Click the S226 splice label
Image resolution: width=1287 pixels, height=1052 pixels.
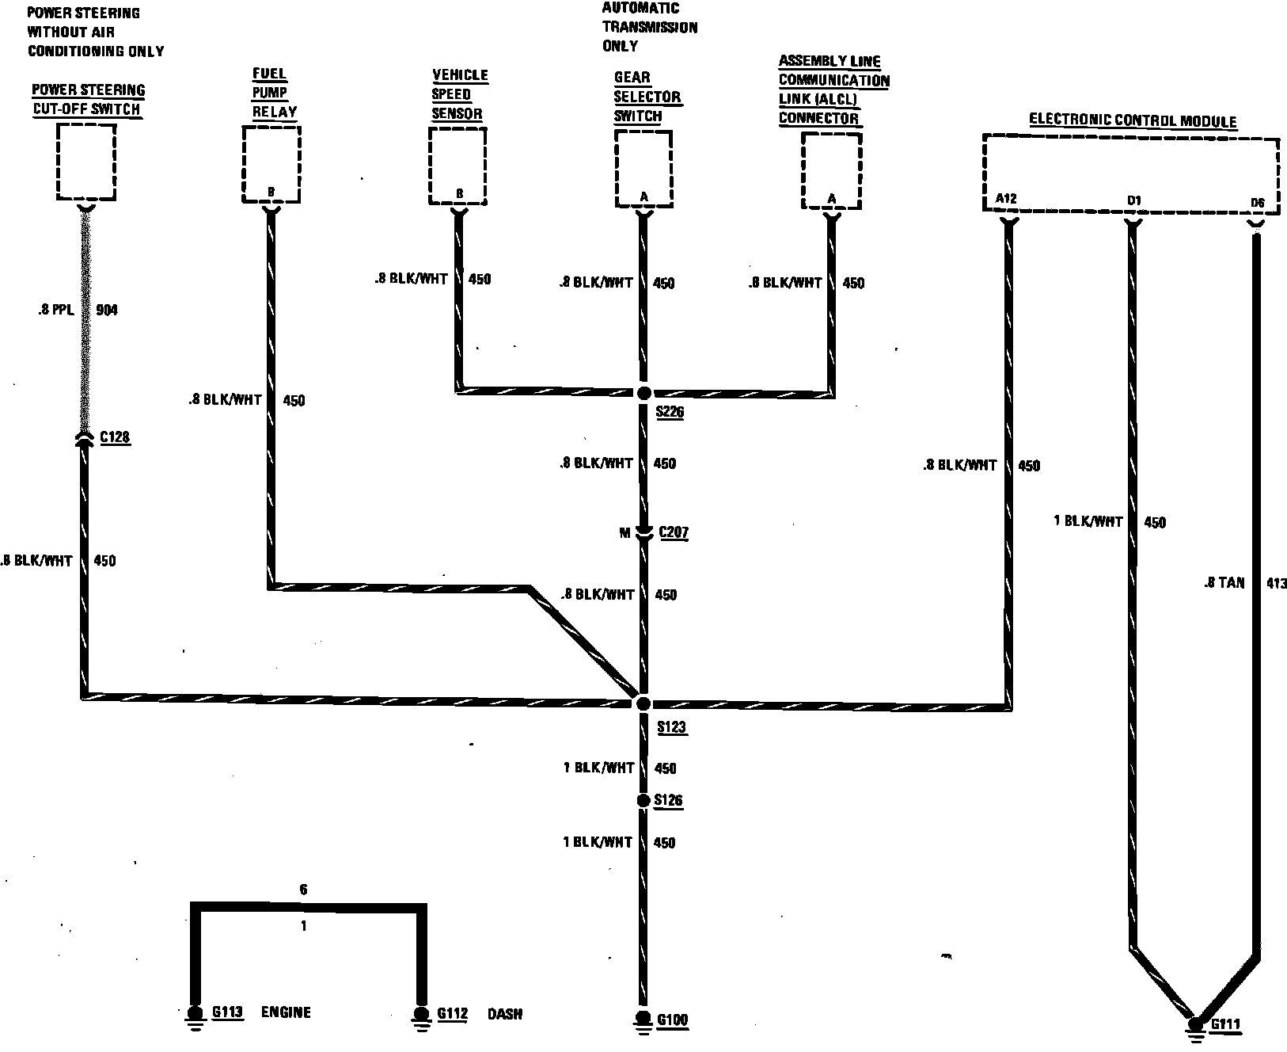[670, 413]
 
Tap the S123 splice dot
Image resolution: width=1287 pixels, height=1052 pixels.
[643, 703]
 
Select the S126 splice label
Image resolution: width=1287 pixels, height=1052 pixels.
[669, 801]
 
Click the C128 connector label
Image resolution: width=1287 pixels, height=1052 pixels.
[115, 437]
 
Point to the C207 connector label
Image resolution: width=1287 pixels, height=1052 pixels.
[673, 532]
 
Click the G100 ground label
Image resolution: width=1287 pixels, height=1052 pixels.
[672, 1021]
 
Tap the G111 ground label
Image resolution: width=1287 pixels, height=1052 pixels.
[1225, 1025]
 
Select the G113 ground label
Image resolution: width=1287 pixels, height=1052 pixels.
[226, 1013]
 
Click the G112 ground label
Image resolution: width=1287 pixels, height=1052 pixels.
[452, 1014]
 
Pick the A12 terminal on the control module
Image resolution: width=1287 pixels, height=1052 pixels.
[1005, 199]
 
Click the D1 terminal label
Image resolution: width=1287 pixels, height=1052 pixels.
[1134, 201]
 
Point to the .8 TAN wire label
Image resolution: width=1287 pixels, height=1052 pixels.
[1223, 583]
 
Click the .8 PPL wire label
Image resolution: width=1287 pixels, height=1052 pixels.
[55, 311]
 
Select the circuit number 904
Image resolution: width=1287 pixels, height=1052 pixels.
[106, 311]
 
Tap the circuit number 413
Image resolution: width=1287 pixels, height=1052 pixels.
[1276, 584]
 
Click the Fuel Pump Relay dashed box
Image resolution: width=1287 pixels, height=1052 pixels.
[271, 166]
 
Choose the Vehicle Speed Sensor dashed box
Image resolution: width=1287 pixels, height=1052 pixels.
[457, 166]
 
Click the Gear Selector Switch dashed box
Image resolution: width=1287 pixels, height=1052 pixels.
[643, 168]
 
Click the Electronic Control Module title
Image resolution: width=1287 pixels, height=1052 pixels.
[1132, 121]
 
